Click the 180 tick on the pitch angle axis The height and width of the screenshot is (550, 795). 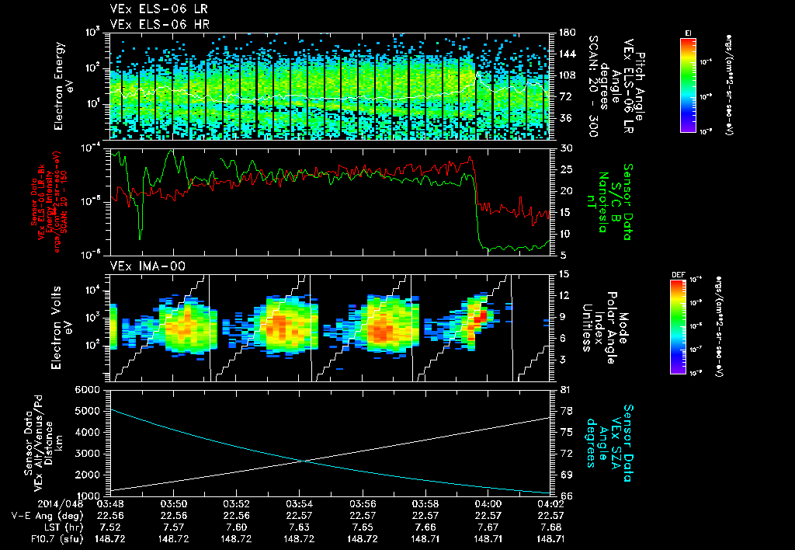[x=565, y=33]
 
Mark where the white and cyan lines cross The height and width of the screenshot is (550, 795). [x=303, y=461]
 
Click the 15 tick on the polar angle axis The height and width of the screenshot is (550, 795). [x=564, y=273]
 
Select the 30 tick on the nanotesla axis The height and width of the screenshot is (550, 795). [x=565, y=148]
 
